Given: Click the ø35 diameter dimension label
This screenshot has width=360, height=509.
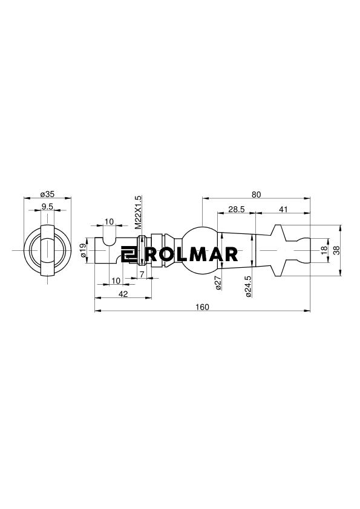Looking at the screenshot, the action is [47, 195].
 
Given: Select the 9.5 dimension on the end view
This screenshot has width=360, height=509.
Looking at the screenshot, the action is [47, 207].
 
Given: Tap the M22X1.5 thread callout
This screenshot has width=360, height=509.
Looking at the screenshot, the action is [138, 213].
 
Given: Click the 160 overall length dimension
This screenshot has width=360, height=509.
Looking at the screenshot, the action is [203, 307].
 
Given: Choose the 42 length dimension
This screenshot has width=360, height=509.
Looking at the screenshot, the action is [123, 294].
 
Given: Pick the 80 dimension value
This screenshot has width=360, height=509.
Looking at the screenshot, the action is [257, 195].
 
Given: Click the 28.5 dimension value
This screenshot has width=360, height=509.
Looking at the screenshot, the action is [236, 209].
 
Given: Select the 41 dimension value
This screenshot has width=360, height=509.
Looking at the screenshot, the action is [283, 209].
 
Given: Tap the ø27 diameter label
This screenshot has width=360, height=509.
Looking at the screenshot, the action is [218, 282].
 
